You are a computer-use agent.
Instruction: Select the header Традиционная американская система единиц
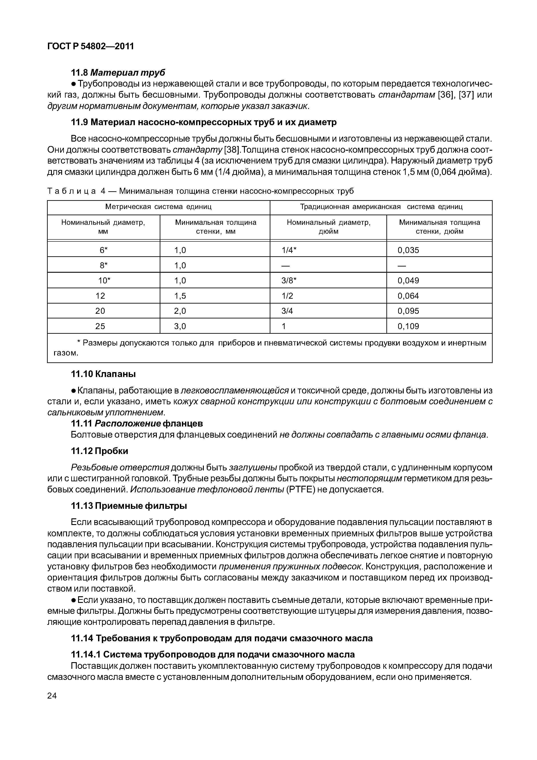coord(381,207)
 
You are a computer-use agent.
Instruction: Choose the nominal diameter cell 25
coord(100,326)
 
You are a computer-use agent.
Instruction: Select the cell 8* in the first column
coord(104,265)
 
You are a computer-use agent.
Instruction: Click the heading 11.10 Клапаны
coord(104,374)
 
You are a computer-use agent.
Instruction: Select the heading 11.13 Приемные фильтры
coord(129,506)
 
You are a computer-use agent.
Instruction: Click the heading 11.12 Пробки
coord(100,451)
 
